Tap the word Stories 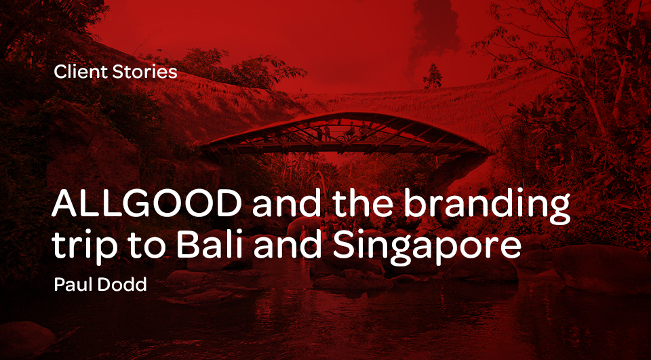[x=145, y=72]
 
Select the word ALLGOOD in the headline [x=147, y=205]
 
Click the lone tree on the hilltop [x=433, y=77]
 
